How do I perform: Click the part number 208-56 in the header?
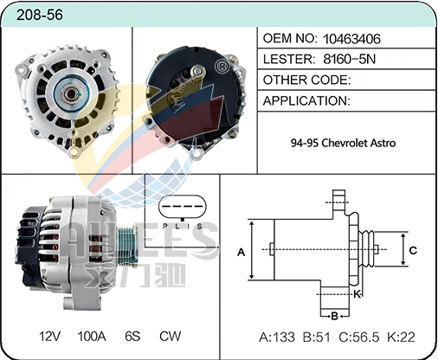pyautogui.click(x=40, y=15)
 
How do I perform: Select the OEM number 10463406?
pyautogui.click(x=351, y=39)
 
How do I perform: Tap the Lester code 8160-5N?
pyautogui.click(x=350, y=59)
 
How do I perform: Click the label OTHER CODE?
pyautogui.click(x=306, y=80)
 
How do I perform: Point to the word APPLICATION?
pyautogui.click(x=306, y=100)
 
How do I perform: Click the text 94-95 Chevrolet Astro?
pyautogui.click(x=343, y=143)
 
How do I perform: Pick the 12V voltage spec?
pyautogui.click(x=49, y=337)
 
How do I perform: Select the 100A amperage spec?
pyautogui.click(x=92, y=337)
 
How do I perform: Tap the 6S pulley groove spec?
pyautogui.click(x=132, y=337)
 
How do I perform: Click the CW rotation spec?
pyautogui.click(x=171, y=337)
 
